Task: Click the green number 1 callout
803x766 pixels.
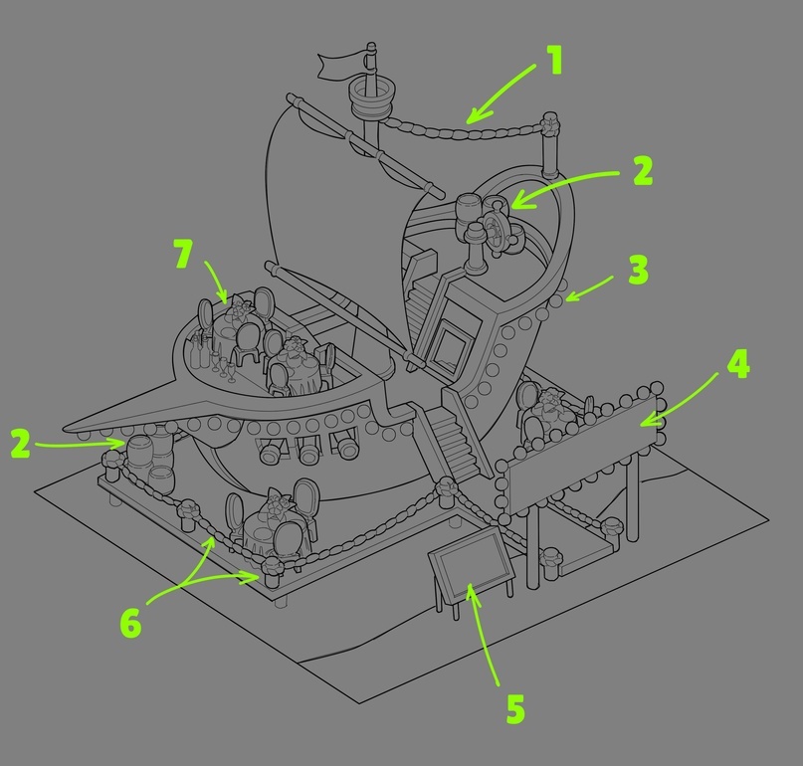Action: pos(554,61)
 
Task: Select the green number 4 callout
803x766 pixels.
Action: pos(737,364)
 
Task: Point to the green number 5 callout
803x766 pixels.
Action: pos(515,708)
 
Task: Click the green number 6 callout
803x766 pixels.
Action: pos(130,623)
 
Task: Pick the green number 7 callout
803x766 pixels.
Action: pos(183,254)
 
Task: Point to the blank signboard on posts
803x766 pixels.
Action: pos(581,454)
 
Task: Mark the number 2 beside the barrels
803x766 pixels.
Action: pos(21,443)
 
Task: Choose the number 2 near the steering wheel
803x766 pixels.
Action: pos(643,170)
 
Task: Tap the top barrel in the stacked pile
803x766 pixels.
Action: pos(140,452)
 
